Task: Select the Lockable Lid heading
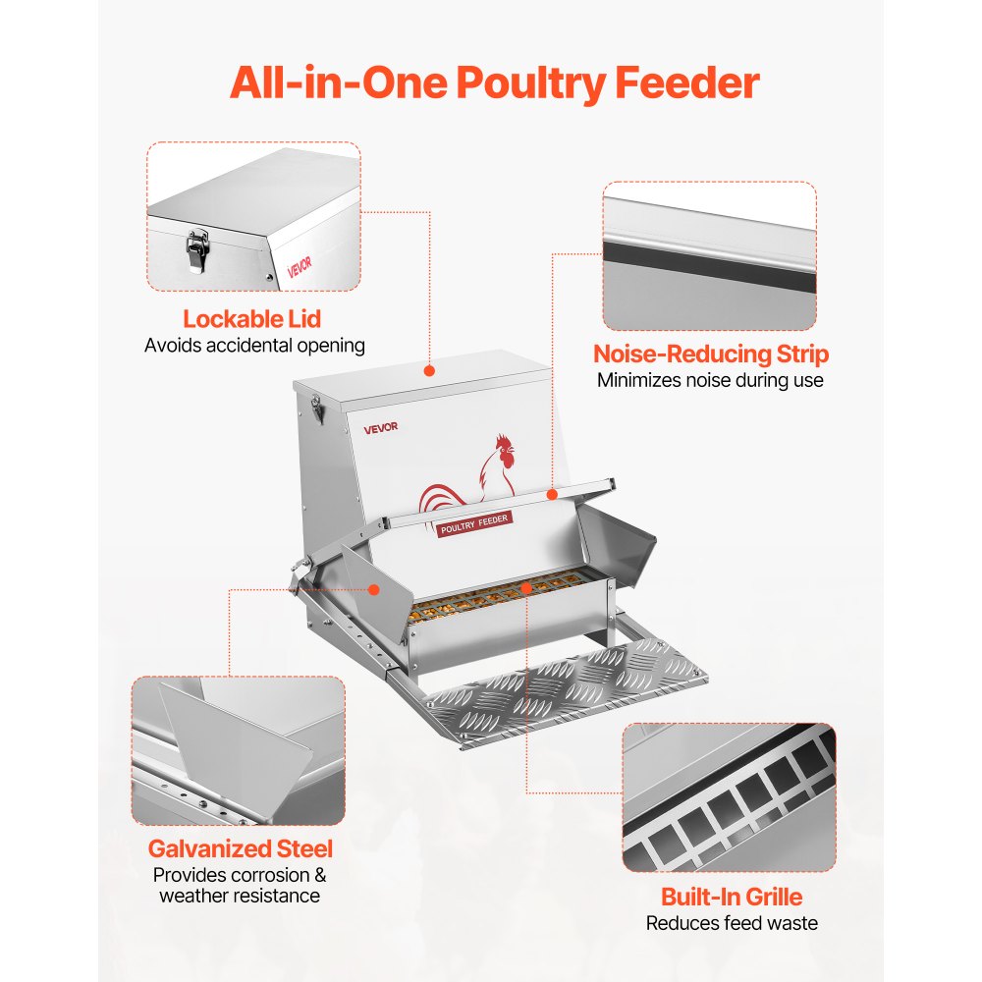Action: pos(251,319)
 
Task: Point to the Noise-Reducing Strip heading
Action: pos(711,355)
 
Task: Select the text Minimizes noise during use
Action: pos(710,380)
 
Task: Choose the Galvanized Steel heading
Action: pos(241,848)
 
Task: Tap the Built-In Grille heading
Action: pos(731,897)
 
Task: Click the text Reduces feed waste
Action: pos(731,922)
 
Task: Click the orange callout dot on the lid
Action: pos(429,371)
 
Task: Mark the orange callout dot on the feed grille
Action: pos(526,588)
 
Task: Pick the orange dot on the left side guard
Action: pos(374,589)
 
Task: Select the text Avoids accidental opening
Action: pos(254,345)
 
